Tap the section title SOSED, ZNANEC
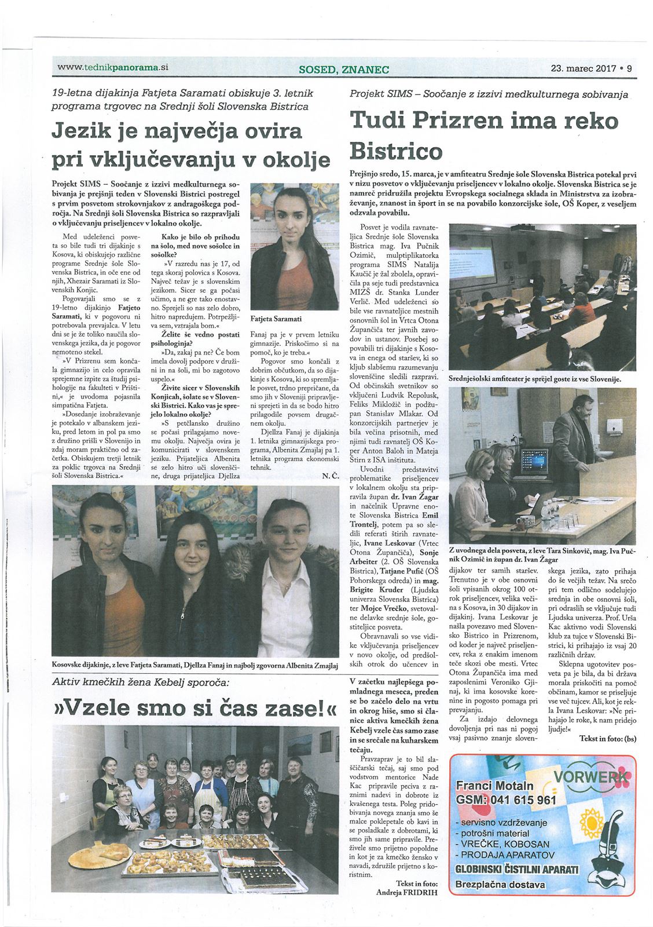point(344,70)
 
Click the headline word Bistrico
point(397,151)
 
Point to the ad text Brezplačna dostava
point(500,884)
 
